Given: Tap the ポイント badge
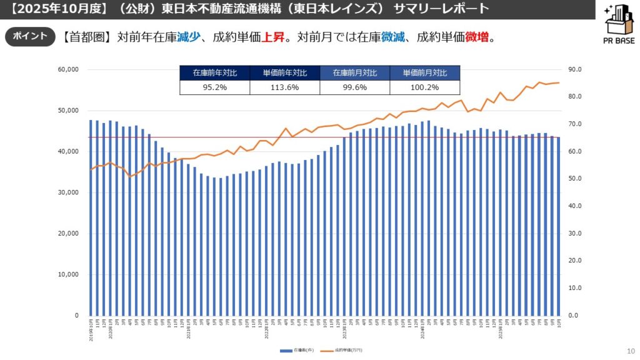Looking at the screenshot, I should coord(29,37).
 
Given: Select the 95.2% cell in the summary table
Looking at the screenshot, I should coord(214,87).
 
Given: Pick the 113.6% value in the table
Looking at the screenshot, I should coord(284,87).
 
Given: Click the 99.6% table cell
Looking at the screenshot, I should coord(354,87).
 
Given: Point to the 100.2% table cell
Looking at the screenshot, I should coord(424,87).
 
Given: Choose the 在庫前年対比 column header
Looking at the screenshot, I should coord(214,72).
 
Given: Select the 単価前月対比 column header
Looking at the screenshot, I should coord(424,72).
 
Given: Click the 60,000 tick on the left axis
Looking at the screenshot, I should coord(67,69).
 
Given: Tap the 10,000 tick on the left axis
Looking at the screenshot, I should coord(67,274).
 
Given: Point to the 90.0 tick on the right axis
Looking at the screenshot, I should coord(576,69).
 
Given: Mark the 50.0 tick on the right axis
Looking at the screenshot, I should coord(576,179).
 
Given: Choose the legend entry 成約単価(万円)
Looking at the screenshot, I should coord(347,350).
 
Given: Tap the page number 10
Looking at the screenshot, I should coord(630,351).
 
